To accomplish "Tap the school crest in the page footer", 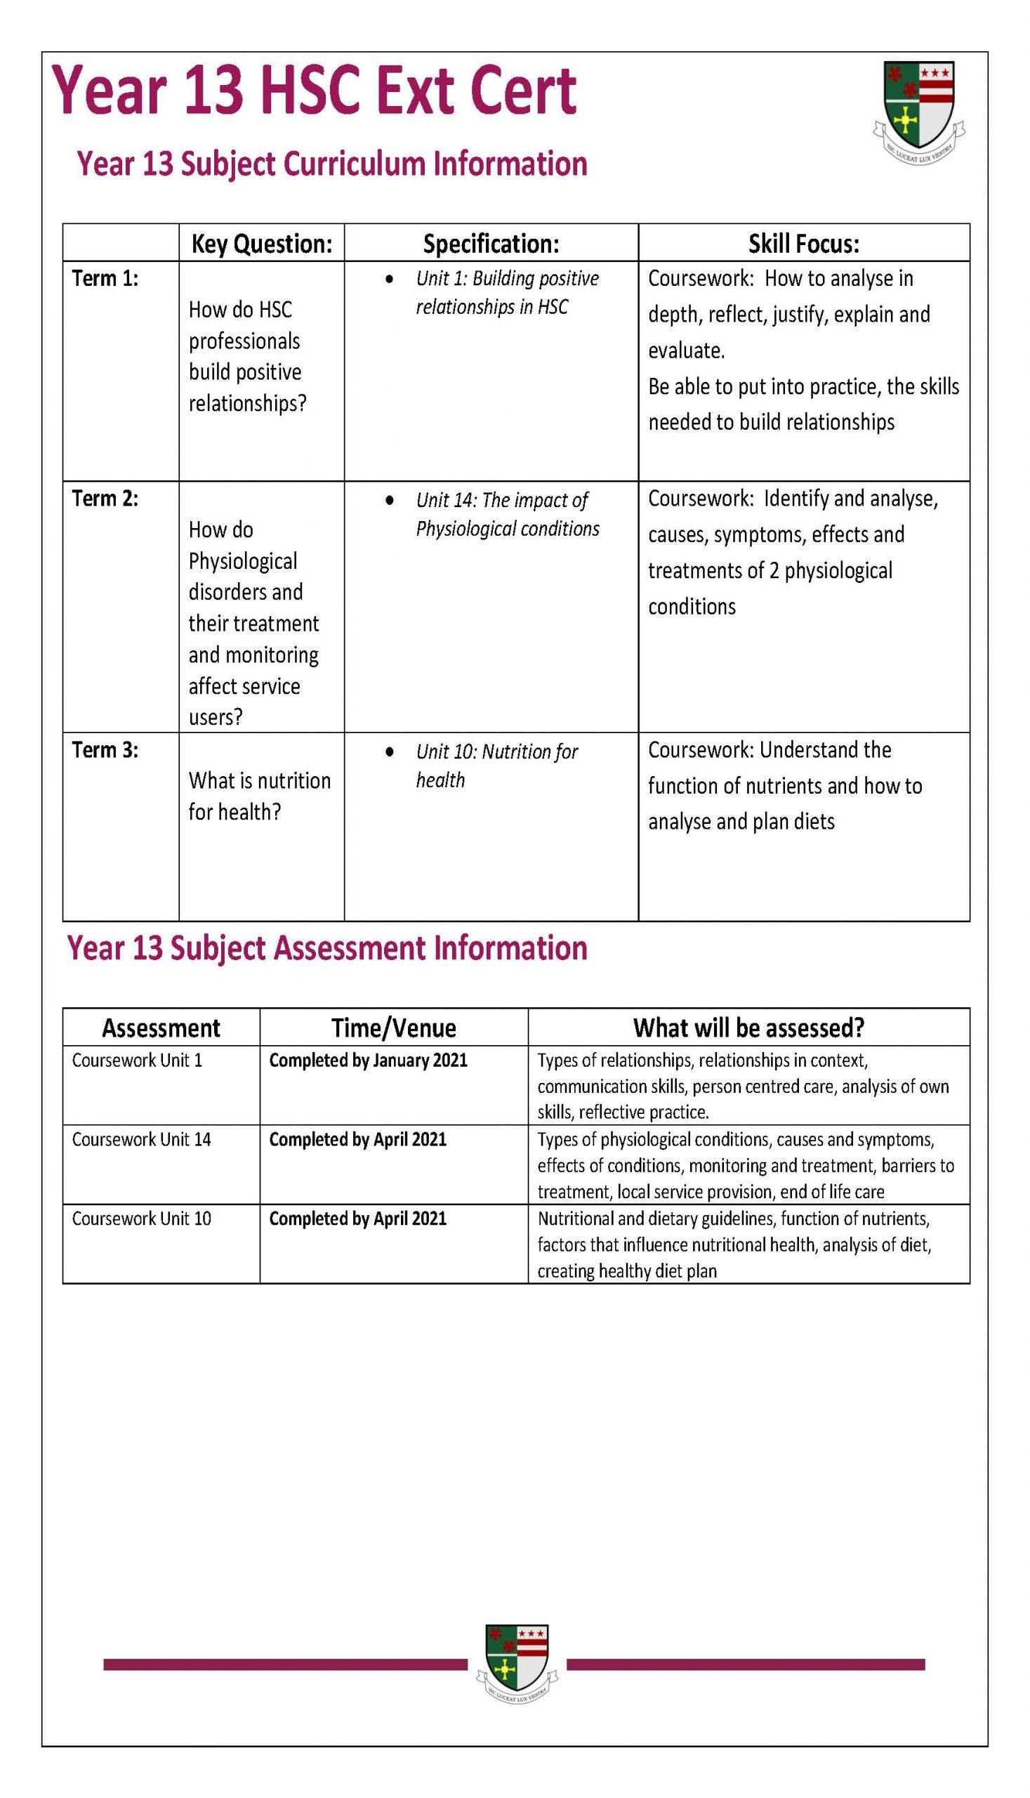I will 517,1662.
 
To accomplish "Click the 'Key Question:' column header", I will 262,244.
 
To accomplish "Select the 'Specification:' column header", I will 491,244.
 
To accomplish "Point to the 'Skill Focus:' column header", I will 804,244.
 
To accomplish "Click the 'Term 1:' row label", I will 105,279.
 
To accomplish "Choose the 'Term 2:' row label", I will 105,499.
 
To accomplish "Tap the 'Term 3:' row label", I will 105,750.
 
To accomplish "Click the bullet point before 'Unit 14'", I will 389,500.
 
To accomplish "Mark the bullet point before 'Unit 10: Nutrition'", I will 389,752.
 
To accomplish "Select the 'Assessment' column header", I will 161,1028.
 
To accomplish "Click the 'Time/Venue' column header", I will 393,1028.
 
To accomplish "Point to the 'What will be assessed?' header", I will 748,1028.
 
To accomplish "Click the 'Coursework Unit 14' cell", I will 142,1139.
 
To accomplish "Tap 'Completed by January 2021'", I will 368,1060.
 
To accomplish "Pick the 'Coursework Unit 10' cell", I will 142,1219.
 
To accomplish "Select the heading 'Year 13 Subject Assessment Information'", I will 326,948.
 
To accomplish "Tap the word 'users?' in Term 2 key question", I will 215,717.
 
